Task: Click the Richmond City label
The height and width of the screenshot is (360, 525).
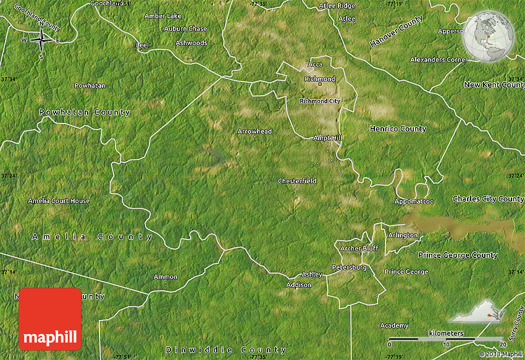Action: coord(320,101)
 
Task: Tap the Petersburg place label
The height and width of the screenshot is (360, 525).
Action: coord(349,267)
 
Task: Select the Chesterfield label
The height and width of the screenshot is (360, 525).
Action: coord(297,181)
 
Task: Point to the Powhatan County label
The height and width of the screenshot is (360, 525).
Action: coord(85,112)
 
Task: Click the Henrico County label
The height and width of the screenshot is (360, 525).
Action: coord(398,129)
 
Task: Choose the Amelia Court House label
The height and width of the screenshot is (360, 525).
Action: coord(59,201)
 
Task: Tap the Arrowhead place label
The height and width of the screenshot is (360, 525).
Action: coord(254,132)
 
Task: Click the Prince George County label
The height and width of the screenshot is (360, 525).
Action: coord(458,255)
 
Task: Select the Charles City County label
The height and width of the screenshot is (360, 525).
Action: coord(488,199)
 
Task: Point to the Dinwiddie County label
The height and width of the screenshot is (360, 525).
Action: coord(227,350)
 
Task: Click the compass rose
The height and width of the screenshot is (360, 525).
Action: coord(41,41)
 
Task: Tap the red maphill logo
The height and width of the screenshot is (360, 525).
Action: coord(50,319)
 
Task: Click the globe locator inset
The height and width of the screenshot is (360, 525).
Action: coord(489,36)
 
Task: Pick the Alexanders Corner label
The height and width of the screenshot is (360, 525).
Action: coord(439,59)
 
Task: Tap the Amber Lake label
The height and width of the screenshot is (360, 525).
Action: coord(163,15)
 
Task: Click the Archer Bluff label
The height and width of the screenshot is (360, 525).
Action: coord(359,248)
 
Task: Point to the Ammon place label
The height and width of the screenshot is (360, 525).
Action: coord(166,277)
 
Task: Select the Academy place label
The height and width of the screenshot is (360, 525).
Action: coord(394,325)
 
